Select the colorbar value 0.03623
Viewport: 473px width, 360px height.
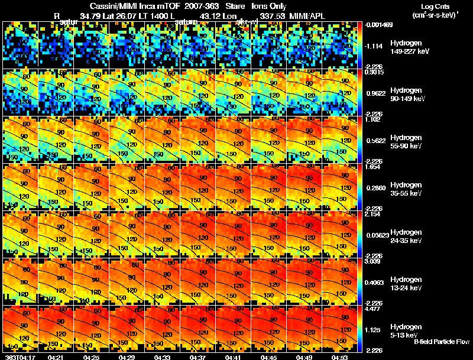[374, 235]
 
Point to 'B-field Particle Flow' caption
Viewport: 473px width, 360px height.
[442, 342]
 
